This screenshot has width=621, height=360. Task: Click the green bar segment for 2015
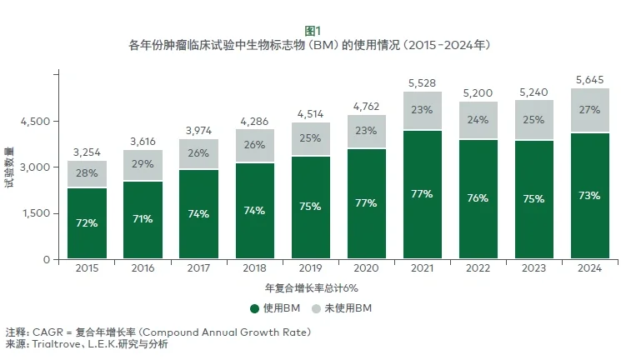coord(88,223)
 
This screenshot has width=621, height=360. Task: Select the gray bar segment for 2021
coord(421,111)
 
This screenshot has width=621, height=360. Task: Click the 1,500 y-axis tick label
coord(36,213)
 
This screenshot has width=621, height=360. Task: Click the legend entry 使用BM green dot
coord(255,308)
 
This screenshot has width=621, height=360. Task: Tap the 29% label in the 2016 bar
coord(143,164)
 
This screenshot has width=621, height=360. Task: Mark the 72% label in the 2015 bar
coord(88,223)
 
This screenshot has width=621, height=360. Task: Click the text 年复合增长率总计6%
coord(311,287)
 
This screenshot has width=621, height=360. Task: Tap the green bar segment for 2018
coord(253,211)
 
